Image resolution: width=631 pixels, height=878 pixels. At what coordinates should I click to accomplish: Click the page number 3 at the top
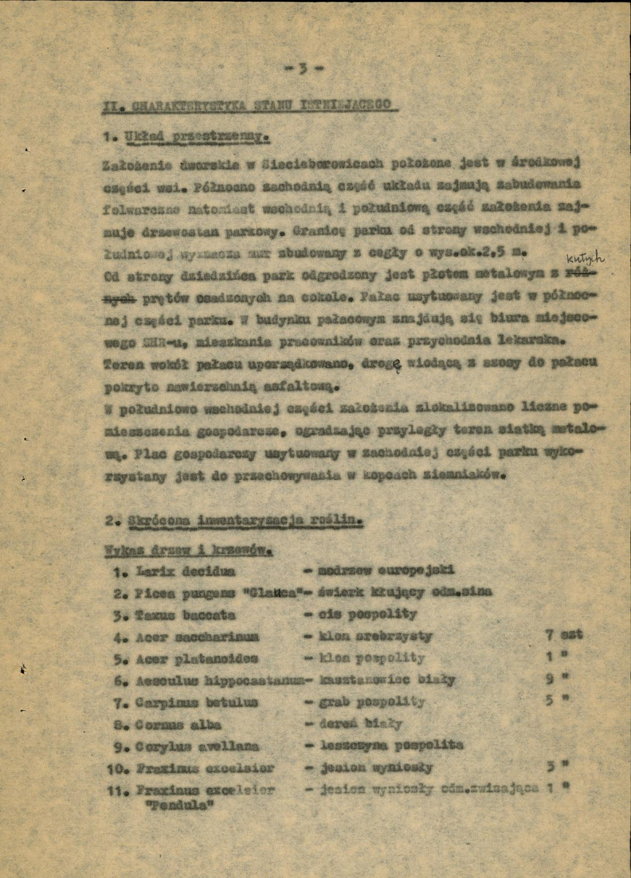click(x=303, y=69)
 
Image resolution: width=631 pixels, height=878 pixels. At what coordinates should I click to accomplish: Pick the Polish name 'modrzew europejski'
click(x=386, y=569)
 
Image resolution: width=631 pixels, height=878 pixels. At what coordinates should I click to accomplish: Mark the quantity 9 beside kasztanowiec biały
click(x=550, y=679)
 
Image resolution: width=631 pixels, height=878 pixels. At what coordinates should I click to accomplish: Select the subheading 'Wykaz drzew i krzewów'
click(x=189, y=549)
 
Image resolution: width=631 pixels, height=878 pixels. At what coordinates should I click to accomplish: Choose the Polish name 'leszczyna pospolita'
click(x=392, y=745)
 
